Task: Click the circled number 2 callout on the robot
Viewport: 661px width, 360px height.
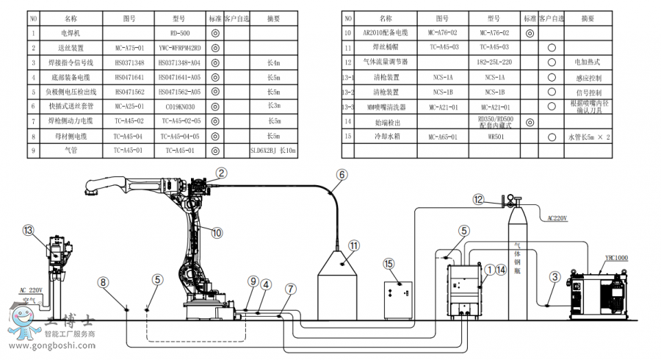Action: pos(221,173)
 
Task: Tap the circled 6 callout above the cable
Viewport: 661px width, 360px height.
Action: pos(342,174)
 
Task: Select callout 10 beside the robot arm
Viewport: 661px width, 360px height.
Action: pos(217,233)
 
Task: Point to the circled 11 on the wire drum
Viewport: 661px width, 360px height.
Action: pos(353,245)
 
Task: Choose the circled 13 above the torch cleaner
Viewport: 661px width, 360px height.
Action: pos(29,230)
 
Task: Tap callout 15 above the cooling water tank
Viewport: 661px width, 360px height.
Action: pos(389,263)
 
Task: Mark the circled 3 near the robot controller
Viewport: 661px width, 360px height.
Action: pos(555,276)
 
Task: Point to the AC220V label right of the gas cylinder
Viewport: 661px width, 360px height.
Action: pos(557,218)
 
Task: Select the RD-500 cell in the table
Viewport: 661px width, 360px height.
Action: pos(179,33)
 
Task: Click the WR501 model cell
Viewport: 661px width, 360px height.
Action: pos(496,136)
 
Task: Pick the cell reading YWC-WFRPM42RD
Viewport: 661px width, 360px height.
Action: pos(179,48)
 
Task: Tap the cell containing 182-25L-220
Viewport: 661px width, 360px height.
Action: pos(496,62)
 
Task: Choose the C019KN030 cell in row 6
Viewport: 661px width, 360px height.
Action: pos(179,107)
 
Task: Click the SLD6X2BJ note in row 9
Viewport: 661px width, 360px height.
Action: pos(272,151)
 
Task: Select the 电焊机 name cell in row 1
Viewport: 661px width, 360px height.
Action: pos(70,33)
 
